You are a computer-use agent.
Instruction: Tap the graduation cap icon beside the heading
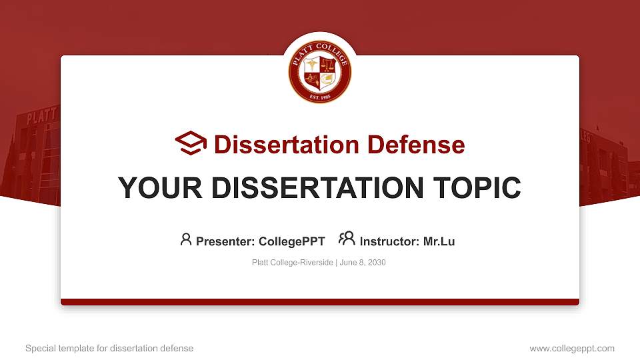pyautogui.click(x=191, y=143)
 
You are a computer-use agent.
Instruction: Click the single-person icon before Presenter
pyautogui.click(x=186, y=239)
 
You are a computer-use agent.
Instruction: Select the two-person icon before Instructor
pyautogui.click(x=347, y=239)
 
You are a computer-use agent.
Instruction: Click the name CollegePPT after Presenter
pyautogui.click(x=291, y=241)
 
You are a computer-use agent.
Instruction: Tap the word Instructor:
pyautogui.click(x=389, y=241)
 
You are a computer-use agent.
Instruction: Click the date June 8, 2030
pyautogui.click(x=363, y=263)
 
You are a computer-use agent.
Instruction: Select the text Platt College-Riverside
pyautogui.click(x=292, y=263)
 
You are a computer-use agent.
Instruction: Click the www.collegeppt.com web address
pyautogui.click(x=572, y=349)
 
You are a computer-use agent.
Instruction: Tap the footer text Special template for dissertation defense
pyautogui.click(x=109, y=349)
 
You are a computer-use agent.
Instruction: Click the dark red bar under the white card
pyautogui.click(x=320, y=302)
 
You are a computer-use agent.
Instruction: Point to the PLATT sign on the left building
pyautogui.click(x=41, y=118)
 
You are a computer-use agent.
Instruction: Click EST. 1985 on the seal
pyautogui.click(x=320, y=97)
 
